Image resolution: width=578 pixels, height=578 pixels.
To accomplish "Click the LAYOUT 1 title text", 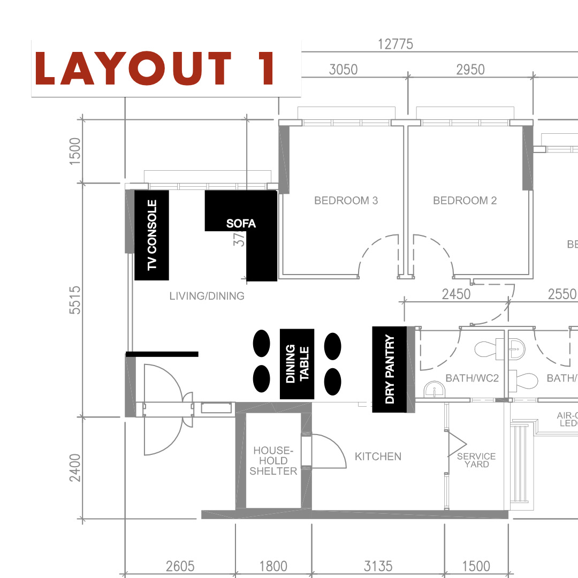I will tap(155, 69).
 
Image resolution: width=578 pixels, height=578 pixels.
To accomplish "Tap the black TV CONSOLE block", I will tap(151, 235).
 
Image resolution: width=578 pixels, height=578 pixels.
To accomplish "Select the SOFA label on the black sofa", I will tap(241, 223).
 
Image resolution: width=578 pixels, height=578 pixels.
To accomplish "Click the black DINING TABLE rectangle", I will tap(297, 364).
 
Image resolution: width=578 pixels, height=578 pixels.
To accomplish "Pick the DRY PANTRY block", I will tap(390, 369).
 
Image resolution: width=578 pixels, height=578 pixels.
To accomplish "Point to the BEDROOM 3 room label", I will tap(346, 201).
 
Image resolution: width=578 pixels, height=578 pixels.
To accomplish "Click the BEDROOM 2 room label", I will tap(465, 201).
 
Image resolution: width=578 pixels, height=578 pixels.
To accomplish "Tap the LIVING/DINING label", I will tap(207, 295).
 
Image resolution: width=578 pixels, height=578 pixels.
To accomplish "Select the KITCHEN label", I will tap(378, 457).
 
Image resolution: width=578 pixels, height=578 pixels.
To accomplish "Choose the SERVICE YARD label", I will tap(476, 460).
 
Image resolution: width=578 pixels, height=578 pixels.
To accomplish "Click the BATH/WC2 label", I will tap(472, 378).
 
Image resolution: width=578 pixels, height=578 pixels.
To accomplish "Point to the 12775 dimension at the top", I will tap(396, 44).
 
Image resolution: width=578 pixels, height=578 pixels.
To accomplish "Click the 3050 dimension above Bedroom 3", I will tap(343, 70).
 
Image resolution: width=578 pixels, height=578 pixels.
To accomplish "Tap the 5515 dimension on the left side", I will tap(75, 300).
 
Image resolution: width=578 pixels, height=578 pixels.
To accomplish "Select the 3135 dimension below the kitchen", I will tap(378, 566).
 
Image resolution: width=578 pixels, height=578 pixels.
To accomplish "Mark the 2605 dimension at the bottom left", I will tap(180, 566).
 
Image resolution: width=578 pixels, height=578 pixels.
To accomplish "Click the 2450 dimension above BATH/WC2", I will tap(457, 294).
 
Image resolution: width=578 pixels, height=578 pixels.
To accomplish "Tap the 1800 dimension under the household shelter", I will tap(273, 566).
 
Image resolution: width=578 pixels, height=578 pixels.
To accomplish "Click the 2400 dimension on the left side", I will tap(75, 468).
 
